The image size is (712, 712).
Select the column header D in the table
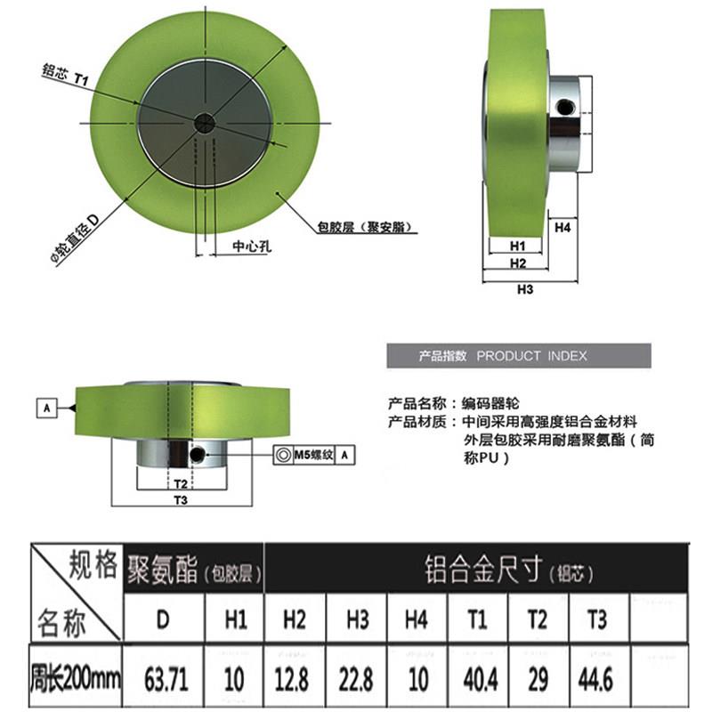tap(163, 619)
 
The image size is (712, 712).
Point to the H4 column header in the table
tap(417, 619)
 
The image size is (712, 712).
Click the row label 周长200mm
tap(76, 678)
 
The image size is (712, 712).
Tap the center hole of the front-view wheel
tap(205, 123)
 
